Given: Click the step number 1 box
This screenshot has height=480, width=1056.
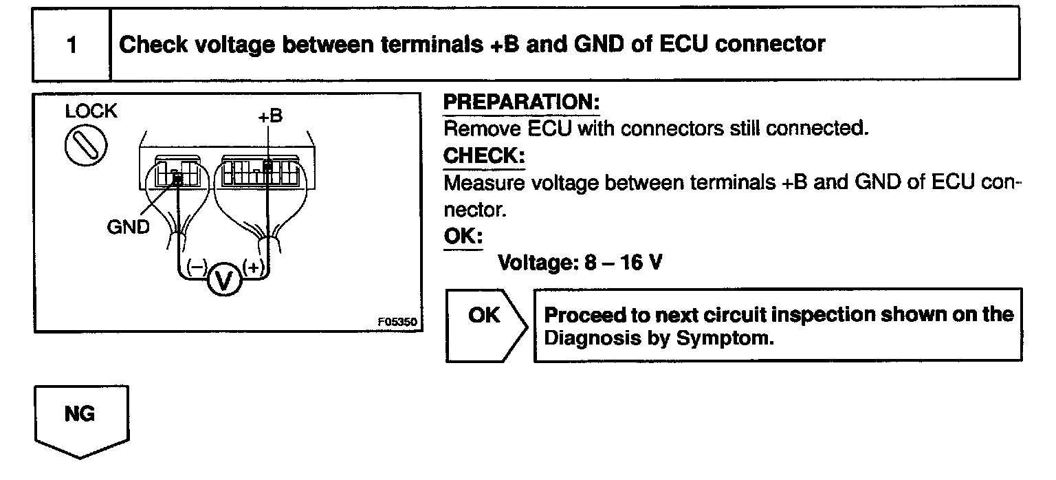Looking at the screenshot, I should pos(71,45).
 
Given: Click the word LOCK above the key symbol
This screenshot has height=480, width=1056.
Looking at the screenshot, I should pos(91,111).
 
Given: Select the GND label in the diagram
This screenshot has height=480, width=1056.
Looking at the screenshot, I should pos(128,227).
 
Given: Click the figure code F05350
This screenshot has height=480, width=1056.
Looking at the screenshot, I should pos(397,320).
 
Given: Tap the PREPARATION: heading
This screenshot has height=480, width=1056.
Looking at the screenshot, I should pos(521,102).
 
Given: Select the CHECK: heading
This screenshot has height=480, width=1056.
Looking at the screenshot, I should pos(483,156).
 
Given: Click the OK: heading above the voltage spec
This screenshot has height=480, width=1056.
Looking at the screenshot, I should pos(463,236).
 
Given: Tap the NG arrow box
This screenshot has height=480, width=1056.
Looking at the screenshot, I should pos(81,418).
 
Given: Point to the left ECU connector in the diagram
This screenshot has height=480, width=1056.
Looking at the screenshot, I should pos(177,171).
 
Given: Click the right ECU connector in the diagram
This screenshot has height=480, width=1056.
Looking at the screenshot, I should pos(258,171).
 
